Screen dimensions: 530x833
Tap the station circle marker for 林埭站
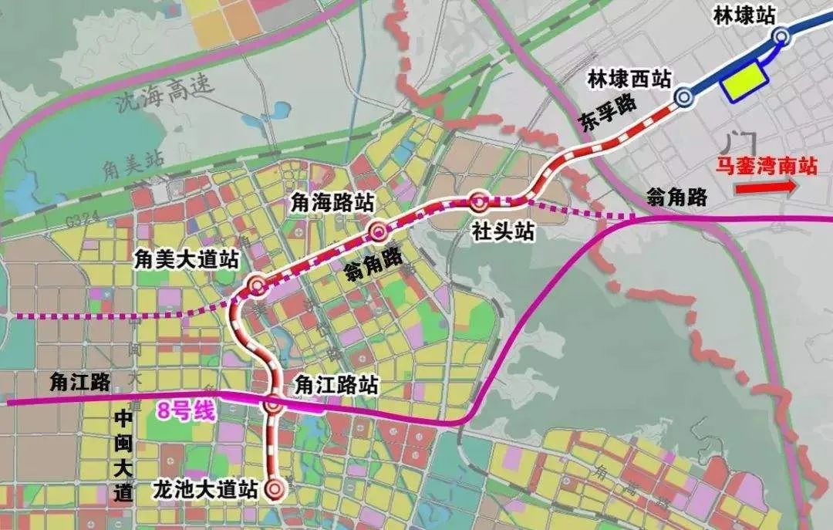[781, 35]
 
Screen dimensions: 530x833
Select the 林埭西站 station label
[629, 79]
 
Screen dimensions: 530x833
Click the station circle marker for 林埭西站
[683, 96]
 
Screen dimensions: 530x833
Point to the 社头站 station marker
[478, 203]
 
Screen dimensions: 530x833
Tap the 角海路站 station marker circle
[377, 231]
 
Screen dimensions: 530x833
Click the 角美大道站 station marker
[257, 286]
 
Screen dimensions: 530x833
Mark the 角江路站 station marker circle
[273, 404]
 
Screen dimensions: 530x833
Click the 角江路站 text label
[336, 385]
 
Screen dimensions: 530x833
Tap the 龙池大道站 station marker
[274, 488]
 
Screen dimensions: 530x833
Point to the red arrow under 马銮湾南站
[764, 187]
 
